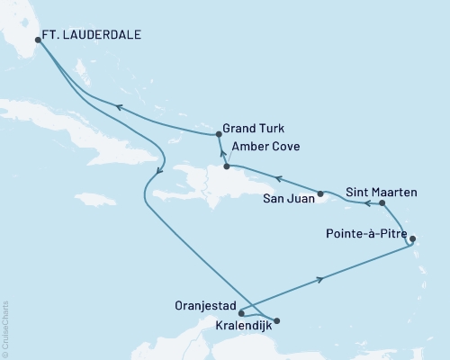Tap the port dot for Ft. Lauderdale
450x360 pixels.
pyautogui.click(x=37, y=40)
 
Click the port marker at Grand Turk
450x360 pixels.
pyautogui.click(x=219, y=134)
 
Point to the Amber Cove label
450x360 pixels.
pyautogui.click(x=265, y=146)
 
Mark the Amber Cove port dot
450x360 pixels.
pyautogui.click(x=226, y=166)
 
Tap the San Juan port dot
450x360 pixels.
pyautogui.click(x=320, y=193)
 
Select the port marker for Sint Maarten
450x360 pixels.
pyautogui.click(x=383, y=203)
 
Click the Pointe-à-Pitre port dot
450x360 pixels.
pyautogui.click(x=412, y=238)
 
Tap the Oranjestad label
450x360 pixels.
pyautogui.click(x=203, y=303)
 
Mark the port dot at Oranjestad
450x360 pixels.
pyautogui.click(x=241, y=313)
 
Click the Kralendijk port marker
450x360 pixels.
pyautogui.click(x=276, y=320)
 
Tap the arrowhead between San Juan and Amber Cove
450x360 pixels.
pyautogui.click(x=278, y=178)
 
